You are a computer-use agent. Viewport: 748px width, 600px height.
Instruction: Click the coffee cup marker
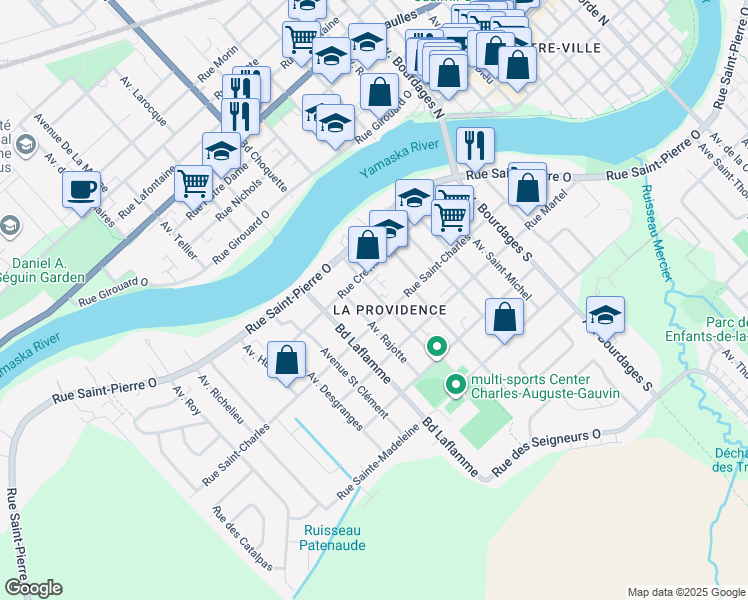82,188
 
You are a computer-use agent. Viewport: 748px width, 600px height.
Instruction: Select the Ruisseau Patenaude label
333,537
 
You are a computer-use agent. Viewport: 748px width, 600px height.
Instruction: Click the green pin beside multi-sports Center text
456,383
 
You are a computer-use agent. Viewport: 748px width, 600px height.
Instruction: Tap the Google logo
32,587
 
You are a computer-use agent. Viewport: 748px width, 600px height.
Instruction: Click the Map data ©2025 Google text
685,592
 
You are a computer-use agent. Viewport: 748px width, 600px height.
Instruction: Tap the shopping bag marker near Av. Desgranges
287,361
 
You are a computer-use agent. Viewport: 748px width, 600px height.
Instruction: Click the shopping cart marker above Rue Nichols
194,183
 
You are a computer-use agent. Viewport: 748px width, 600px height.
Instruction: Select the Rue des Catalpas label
241,537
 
